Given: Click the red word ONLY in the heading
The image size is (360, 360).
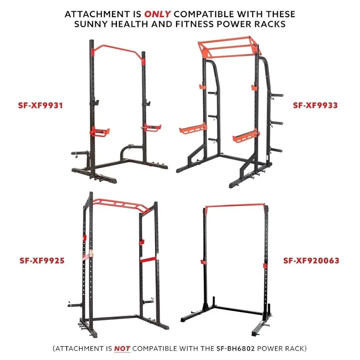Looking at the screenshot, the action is [157, 14].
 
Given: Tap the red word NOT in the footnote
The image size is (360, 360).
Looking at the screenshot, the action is [122, 349].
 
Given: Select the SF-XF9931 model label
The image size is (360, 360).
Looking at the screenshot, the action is [40, 105].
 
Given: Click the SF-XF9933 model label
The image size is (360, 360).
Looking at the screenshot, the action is [315, 105].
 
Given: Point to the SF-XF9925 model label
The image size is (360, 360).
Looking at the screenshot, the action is [42, 261].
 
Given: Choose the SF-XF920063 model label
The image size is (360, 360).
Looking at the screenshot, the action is [311, 261].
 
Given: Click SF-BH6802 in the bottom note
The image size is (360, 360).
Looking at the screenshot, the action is [236, 349].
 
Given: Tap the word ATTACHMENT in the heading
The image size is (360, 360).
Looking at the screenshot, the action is [97, 14].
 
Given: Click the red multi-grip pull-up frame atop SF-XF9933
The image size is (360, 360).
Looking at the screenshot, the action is [230, 47].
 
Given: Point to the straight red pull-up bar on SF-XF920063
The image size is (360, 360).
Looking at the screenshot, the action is [235, 205].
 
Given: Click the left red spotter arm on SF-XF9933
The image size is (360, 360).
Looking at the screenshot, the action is [193, 129].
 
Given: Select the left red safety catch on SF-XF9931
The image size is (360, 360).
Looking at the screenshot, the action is [100, 132].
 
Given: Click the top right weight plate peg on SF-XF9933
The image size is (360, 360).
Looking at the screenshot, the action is [277, 95].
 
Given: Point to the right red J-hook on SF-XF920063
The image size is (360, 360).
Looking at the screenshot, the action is [265, 266].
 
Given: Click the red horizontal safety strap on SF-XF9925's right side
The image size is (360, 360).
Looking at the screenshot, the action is [149, 259].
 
